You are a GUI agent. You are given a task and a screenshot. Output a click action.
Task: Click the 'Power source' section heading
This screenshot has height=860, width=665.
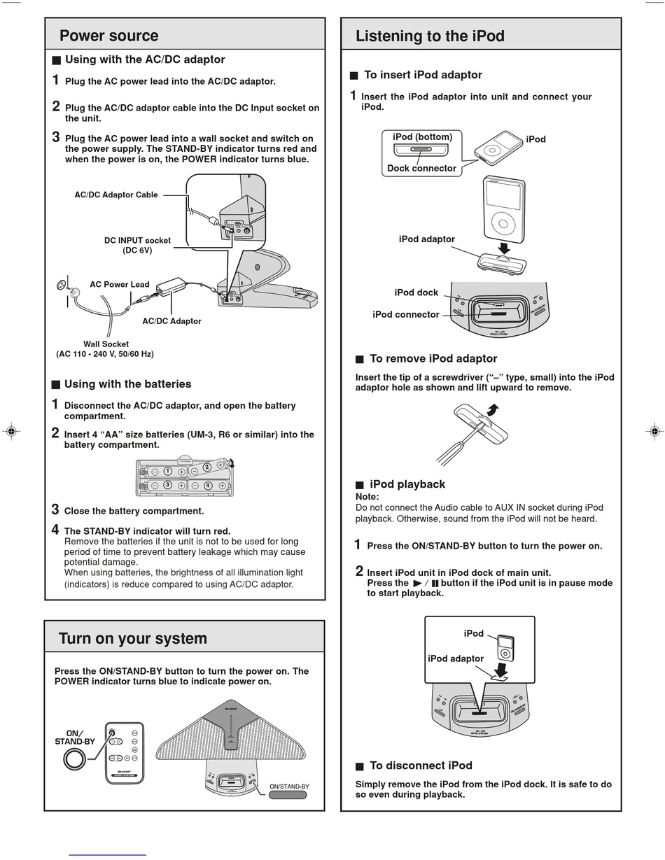pyautogui.click(x=108, y=36)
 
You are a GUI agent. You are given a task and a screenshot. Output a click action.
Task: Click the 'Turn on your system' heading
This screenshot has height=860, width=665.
pyautogui.click(x=132, y=638)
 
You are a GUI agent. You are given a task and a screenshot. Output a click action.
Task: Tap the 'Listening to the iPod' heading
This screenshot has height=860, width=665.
pyautogui.click(x=430, y=36)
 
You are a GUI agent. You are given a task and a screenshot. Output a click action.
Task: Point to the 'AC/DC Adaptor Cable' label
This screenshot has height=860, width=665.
pyautogui.click(x=116, y=195)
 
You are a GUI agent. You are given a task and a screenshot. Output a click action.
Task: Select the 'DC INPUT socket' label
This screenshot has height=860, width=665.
pyautogui.click(x=137, y=241)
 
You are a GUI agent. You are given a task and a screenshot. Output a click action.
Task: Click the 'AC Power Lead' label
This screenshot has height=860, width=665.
pyautogui.click(x=119, y=284)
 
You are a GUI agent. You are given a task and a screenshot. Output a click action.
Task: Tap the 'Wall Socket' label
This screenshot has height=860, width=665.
pyautogui.click(x=106, y=344)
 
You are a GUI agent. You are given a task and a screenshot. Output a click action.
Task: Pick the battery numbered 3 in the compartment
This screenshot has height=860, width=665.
pyautogui.click(x=167, y=485)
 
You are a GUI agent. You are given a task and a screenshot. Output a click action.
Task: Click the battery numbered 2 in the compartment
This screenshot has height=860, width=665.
pyautogui.click(x=206, y=467)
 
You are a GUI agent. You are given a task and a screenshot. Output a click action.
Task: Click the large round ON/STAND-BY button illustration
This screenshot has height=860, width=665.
pyautogui.click(x=73, y=759)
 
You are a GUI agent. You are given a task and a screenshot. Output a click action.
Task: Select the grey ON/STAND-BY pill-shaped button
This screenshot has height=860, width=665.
pyautogui.click(x=288, y=795)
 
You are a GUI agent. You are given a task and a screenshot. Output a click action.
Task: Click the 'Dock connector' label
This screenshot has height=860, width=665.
pyautogui.click(x=421, y=168)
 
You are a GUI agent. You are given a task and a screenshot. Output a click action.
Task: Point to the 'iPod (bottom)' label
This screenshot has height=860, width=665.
pyautogui.click(x=422, y=136)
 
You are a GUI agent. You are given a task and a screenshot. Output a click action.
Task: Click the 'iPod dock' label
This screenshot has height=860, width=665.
pyautogui.click(x=416, y=292)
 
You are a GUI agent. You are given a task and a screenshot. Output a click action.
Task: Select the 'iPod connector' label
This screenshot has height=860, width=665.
pyautogui.click(x=406, y=314)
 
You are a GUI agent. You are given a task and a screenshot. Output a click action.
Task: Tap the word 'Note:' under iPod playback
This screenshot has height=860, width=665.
pyautogui.click(x=367, y=497)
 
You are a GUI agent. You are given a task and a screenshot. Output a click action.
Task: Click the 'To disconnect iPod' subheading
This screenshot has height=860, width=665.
pyautogui.click(x=420, y=766)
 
